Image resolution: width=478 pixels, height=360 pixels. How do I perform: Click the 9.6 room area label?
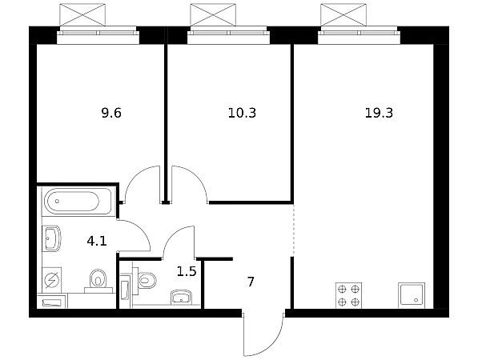click(x=111, y=113)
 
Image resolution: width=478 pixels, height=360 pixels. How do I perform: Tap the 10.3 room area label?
click(x=242, y=113)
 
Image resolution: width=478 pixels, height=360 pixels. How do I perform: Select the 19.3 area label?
click(x=379, y=113)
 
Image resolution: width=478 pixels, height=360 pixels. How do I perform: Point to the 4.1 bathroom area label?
click(x=97, y=242)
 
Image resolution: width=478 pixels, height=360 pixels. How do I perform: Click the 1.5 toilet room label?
click(x=187, y=271)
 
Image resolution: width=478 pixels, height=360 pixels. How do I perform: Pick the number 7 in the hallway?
click(x=251, y=282)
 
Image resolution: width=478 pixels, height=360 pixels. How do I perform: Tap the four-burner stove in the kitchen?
click(x=348, y=295)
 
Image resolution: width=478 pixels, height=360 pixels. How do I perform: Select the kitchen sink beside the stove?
click(x=412, y=295)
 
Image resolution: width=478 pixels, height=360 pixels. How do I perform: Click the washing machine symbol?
click(x=51, y=280)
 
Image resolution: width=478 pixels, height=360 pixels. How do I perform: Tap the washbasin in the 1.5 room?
click(x=182, y=298)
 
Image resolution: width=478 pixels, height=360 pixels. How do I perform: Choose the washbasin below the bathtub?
click(x=51, y=238)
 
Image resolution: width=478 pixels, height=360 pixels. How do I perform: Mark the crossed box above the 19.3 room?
click(x=343, y=14)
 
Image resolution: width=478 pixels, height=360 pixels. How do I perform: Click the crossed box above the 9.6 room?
click(x=82, y=14)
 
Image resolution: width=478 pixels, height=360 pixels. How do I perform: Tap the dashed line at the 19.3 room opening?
click(x=294, y=230)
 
